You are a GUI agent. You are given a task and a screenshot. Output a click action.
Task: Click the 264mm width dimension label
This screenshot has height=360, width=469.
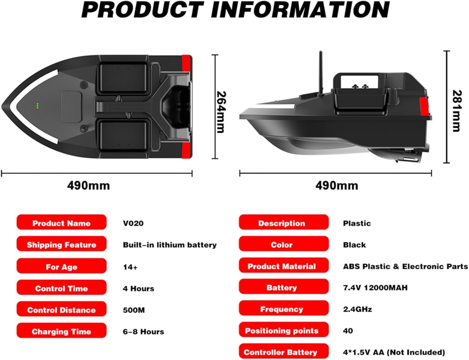[221, 112]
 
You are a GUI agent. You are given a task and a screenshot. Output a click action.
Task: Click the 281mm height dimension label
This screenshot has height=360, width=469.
[457, 111]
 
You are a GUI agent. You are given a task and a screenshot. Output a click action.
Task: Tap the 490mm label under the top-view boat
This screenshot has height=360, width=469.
[88, 185]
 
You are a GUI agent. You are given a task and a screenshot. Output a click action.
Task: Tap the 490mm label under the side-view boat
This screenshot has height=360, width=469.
[337, 185]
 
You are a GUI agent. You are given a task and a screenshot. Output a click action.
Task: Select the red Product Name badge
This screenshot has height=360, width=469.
[62, 222]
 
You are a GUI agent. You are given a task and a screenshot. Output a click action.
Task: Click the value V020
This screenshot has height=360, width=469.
[133, 223]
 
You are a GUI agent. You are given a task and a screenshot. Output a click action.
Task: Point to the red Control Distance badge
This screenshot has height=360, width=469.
[62, 309]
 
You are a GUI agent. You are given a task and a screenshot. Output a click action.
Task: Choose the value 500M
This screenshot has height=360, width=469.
[134, 310]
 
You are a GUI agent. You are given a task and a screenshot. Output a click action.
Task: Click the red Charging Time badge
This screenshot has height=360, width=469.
[62, 330]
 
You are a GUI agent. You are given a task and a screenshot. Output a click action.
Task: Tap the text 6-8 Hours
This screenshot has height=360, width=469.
[144, 332]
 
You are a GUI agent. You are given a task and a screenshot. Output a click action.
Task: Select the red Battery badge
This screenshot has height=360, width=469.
[284, 286]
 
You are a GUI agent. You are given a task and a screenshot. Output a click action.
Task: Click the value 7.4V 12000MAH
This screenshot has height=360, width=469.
[375, 288]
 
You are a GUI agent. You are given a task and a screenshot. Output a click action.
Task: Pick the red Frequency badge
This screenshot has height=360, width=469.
[284, 308]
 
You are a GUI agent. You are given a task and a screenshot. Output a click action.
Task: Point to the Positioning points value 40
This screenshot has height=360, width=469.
[348, 331]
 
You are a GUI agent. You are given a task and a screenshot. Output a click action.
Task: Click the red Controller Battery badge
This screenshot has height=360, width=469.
[284, 351]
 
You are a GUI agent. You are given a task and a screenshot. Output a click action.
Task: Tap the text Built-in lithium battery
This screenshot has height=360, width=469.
[170, 245]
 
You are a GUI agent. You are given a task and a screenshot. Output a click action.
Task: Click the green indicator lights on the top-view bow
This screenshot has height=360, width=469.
[38, 106]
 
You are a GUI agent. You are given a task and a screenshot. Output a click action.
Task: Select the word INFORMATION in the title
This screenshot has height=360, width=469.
[300, 10]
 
